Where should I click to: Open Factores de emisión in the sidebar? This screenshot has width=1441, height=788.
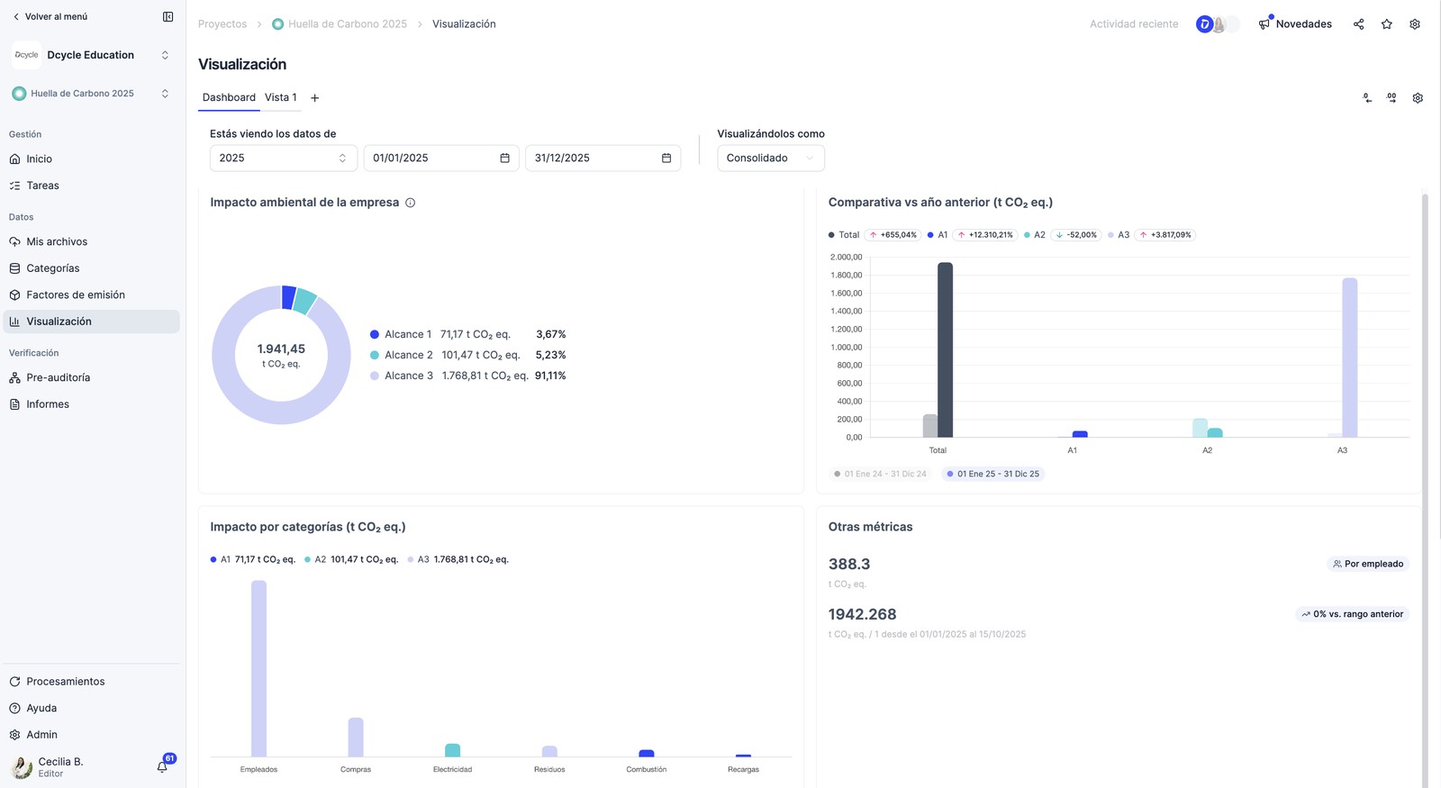tap(76, 294)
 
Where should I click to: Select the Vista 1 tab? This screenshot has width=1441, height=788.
tap(280, 97)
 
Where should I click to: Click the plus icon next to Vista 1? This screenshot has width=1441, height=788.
tap(314, 98)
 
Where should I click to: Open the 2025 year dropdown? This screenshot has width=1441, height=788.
tap(283, 159)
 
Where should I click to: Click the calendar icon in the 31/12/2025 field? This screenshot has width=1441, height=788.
tap(666, 159)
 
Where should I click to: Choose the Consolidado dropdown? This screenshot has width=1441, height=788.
tap(771, 159)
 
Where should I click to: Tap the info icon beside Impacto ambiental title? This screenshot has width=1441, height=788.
tap(410, 203)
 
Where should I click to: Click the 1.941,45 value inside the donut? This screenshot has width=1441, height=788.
tap(281, 349)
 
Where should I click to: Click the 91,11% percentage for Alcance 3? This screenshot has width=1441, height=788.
tap(550, 376)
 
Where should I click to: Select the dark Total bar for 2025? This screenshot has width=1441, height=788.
tap(945, 350)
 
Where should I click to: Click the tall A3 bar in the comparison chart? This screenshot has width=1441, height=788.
tap(1350, 358)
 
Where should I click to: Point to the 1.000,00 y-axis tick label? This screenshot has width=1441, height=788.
tap(846, 348)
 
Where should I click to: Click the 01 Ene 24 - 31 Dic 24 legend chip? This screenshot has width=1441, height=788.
tap(880, 474)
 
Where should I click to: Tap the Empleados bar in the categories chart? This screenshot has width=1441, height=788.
tap(258, 668)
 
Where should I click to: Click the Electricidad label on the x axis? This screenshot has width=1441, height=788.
tap(452, 769)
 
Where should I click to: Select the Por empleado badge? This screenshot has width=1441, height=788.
tap(1368, 564)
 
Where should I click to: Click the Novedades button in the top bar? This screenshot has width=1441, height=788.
tap(1295, 23)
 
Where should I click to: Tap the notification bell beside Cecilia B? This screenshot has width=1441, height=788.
tap(162, 766)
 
